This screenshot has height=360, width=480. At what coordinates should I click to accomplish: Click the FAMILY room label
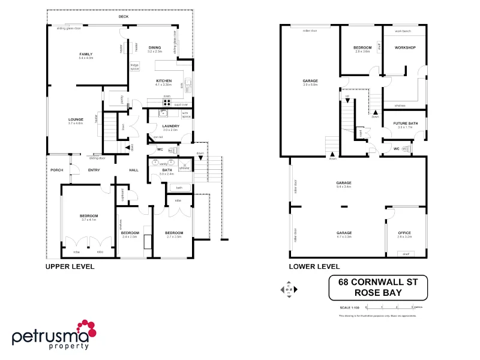(x=85, y=54)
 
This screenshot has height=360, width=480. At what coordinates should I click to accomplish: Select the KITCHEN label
(x=164, y=81)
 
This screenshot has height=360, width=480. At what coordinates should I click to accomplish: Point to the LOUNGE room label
(x=76, y=119)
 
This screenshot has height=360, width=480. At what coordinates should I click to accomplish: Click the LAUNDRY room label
(x=170, y=126)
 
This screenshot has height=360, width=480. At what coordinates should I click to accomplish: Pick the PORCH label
(x=56, y=170)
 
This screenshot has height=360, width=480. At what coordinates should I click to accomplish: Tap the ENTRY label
(x=94, y=170)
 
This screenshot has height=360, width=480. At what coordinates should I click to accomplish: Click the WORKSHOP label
(x=405, y=47)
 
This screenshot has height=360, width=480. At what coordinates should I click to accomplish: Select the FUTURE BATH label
(x=405, y=124)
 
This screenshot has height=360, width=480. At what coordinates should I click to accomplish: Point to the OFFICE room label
(x=405, y=233)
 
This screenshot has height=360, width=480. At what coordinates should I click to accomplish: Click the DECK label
(x=123, y=17)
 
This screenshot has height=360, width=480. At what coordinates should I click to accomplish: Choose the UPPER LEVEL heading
(x=70, y=266)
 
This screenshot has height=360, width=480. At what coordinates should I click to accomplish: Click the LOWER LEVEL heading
(x=314, y=266)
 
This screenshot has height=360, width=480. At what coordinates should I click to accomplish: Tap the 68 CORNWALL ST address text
(x=378, y=282)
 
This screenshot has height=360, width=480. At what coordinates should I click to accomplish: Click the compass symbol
(x=288, y=290)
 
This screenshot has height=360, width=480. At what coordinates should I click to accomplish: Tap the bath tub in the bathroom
(x=179, y=188)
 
